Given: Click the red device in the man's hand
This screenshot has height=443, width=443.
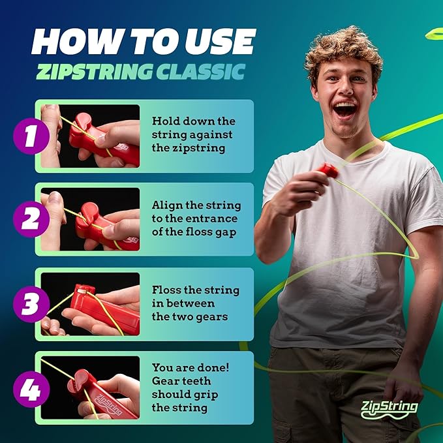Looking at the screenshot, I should [328, 171].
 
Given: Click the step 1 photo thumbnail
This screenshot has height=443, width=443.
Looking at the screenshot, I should [90, 135].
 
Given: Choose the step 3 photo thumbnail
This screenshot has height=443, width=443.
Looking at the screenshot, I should [90, 303].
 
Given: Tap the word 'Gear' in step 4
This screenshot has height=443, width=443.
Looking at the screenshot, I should [165, 381].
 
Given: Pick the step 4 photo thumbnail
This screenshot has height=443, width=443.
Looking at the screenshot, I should [90, 388].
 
